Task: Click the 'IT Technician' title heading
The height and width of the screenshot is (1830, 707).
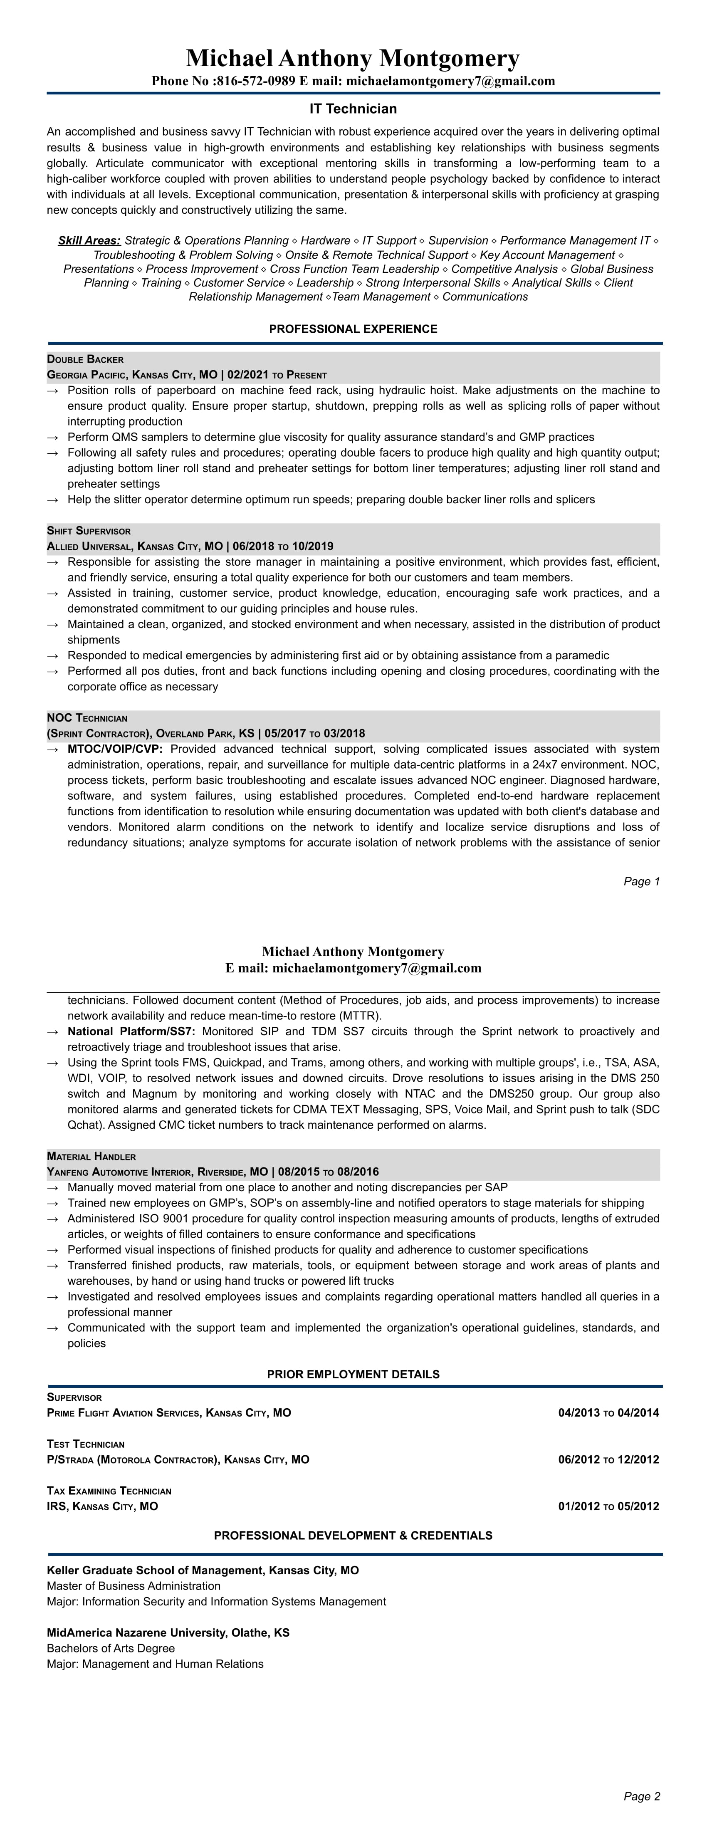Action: pos(353,109)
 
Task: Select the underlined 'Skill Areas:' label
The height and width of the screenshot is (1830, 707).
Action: pos(89,241)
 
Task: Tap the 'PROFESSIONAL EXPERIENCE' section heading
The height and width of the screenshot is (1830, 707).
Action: pos(353,329)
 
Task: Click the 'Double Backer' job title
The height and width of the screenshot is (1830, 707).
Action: pos(85,359)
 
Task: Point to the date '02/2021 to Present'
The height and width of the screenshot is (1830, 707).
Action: pos(277,375)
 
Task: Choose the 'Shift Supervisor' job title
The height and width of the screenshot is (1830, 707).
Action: pos(89,532)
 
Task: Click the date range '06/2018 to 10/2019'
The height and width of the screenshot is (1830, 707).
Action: pos(280,547)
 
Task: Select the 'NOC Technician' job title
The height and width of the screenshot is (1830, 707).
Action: pos(87,718)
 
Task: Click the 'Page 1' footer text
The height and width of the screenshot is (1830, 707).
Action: pos(642,882)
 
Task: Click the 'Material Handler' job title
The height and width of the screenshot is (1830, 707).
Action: pos(91,1157)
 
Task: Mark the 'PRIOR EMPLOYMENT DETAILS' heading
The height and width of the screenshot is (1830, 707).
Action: pos(353,1374)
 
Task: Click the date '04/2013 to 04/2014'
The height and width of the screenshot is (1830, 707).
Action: pos(608,1413)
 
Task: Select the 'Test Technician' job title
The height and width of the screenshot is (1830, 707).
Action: pos(85,1444)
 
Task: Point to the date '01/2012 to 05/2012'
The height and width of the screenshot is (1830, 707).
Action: pos(608,1507)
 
